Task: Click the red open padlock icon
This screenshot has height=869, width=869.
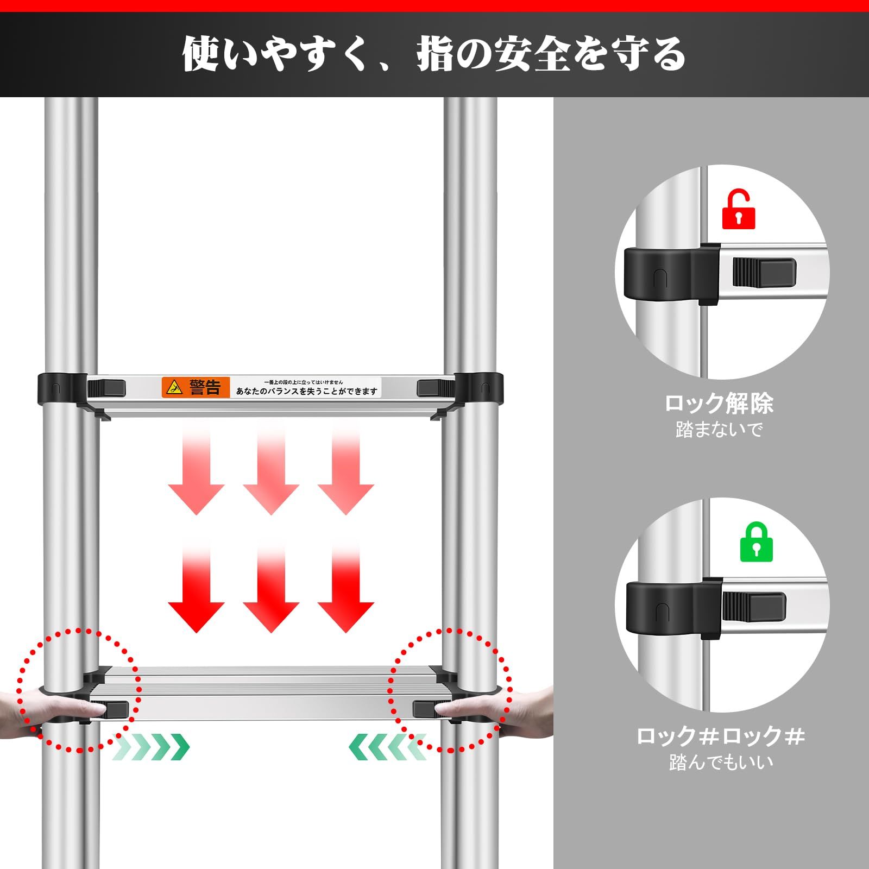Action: click(739, 209)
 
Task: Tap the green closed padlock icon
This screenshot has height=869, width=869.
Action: click(757, 541)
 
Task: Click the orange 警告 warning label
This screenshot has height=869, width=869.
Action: click(196, 387)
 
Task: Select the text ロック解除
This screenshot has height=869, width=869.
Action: click(719, 404)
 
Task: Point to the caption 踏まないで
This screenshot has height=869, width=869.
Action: click(719, 430)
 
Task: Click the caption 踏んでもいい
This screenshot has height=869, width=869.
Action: click(721, 762)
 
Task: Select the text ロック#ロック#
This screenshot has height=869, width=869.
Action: click(720, 736)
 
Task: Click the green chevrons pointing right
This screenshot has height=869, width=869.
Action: click(152, 748)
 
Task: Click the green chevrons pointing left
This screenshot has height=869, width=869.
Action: click(387, 747)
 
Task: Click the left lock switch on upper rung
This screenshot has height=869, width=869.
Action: click(106, 388)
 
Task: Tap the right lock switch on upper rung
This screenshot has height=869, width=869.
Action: click(435, 388)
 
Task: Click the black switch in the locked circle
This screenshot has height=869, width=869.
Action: click(754, 607)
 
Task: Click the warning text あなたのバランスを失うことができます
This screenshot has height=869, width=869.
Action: click(306, 391)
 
